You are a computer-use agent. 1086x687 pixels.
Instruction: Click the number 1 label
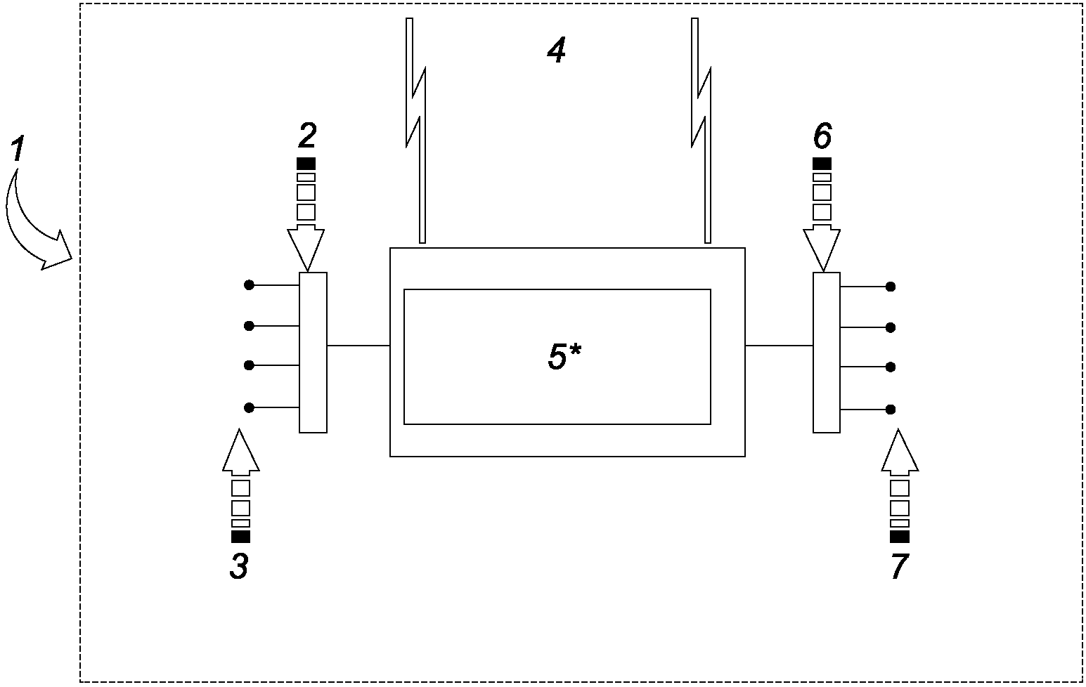point(18,149)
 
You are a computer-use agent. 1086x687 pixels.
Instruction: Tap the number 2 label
point(307,135)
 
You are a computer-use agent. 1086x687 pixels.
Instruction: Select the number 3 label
point(239,566)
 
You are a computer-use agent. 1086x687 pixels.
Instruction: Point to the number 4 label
point(556,51)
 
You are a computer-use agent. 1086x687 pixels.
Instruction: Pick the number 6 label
point(822,135)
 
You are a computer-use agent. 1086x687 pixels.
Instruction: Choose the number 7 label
point(900,566)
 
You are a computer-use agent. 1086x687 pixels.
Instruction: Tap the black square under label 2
point(306,164)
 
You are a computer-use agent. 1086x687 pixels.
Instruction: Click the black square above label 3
point(240,537)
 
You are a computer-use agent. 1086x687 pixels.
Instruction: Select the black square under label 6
point(822,164)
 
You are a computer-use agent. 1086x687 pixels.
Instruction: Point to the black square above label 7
point(900,537)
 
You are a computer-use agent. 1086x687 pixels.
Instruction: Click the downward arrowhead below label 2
point(306,248)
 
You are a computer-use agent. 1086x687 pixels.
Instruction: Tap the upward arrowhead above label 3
point(241,452)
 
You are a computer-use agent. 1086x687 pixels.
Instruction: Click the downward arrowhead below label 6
point(822,248)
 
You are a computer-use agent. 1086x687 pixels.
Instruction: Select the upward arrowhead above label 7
point(900,452)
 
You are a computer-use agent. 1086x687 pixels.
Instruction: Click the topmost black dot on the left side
point(250,285)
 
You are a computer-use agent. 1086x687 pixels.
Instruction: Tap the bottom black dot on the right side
point(890,410)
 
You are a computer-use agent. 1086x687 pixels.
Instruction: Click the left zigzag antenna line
point(416,131)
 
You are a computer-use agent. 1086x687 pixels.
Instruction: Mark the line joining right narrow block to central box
point(779,346)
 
